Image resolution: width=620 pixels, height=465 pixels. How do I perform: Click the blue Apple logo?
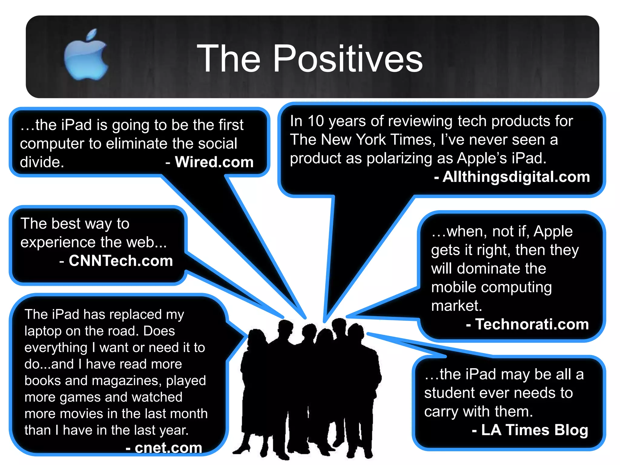86,56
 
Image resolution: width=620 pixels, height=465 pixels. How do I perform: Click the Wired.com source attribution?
214,162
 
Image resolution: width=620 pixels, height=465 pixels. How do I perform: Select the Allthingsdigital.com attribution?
516,177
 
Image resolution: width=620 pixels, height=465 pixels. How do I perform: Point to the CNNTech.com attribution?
120,261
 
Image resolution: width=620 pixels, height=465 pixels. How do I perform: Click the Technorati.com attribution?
532,324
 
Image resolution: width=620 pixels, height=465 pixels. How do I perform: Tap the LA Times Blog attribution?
534,430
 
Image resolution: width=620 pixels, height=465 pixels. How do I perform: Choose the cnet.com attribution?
168,448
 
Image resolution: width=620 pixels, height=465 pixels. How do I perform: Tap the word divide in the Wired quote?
42,162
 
